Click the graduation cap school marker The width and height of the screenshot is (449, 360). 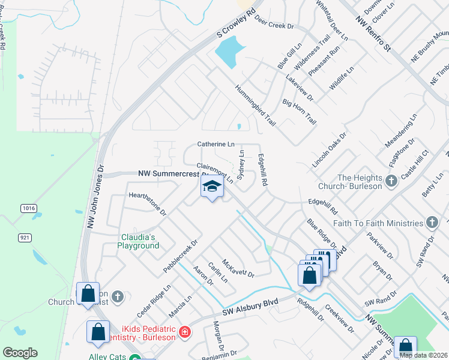pyautogui.click(x=212, y=187)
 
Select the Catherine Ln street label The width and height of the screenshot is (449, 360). pyautogui.click(x=216, y=145)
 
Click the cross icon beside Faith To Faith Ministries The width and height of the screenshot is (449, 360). pyautogui.click(x=432, y=223)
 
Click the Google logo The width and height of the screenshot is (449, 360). pyautogui.click(x=20, y=352)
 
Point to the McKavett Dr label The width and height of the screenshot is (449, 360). pyautogui.click(x=238, y=268)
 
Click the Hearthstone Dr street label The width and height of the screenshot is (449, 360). pyautogui.click(x=147, y=203)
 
